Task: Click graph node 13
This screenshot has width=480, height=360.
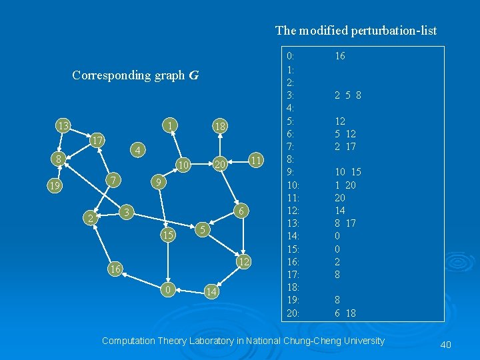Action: click(63, 126)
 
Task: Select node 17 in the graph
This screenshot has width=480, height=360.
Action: click(97, 141)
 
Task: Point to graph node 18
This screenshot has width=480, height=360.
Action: click(219, 127)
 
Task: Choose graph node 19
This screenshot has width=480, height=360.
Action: click(55, 186)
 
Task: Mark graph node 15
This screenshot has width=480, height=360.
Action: click(169, 235)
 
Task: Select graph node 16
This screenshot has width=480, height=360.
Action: click(115, 269)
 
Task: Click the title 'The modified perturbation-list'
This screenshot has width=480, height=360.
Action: click(356, 31)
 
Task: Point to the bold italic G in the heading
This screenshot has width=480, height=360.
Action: click(193, 75)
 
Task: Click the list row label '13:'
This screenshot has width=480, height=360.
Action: click(292, 223)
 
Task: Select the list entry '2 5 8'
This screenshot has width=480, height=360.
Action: click(347, 95)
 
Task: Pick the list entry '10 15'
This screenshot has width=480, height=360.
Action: click(347, 172)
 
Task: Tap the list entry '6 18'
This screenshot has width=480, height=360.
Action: click(345, 313)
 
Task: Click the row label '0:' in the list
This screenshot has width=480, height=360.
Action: click(290, 57)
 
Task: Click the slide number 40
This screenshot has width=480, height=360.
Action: click(446, 344)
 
